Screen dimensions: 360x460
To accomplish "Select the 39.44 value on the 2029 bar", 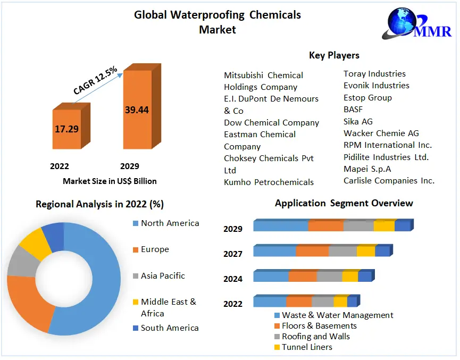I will pos(137,110).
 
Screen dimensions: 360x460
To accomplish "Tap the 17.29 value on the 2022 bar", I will pos(66,129).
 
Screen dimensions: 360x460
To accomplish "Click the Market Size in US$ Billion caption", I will pos(110,181).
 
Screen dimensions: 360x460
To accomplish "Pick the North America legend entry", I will pos(170,223).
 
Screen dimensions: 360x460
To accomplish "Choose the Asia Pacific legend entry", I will pos(163,276).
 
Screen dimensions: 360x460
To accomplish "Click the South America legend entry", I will pos(170,328).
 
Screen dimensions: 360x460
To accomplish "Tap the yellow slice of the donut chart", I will pos(32,242).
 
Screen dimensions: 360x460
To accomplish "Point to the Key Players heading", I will pos(334,55).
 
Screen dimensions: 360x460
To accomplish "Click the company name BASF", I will pos(353,110).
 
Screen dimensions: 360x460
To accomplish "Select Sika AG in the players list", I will pos(358,121).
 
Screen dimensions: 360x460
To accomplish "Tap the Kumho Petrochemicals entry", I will pos(269,182).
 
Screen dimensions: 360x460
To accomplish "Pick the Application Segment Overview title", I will pos(344,203).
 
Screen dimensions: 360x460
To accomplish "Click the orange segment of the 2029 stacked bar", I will pos(325,226).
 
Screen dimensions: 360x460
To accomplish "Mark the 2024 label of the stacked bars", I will pos(233,279).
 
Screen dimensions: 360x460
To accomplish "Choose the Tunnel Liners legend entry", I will pos(307,347).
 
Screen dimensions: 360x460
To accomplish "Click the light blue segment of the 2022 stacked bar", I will pos(270,302).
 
